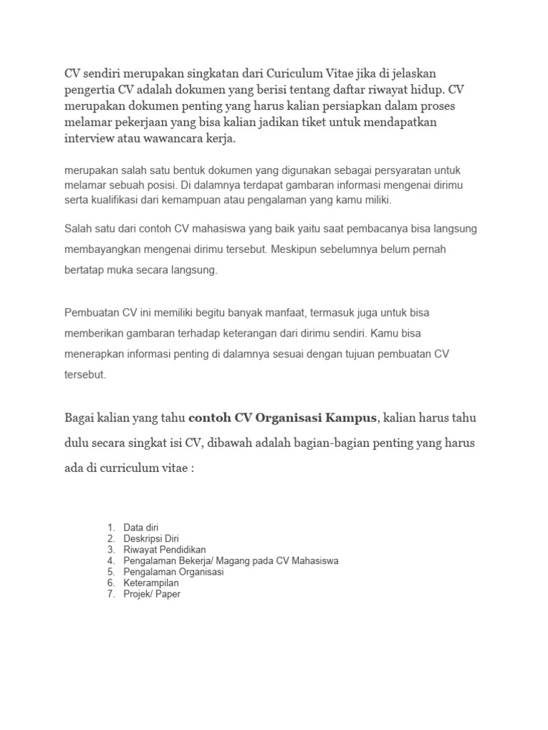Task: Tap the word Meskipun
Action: (x=294, y=250)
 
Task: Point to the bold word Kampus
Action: (x=346, y=416)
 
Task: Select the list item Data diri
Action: (x=141, y=528)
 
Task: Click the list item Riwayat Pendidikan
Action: (x=165, y=550)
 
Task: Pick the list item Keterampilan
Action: (x=151, y=582)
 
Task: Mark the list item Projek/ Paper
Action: (x=152, y=594)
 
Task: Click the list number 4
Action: (x=111, y=561)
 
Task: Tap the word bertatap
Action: (x=84, y=271)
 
